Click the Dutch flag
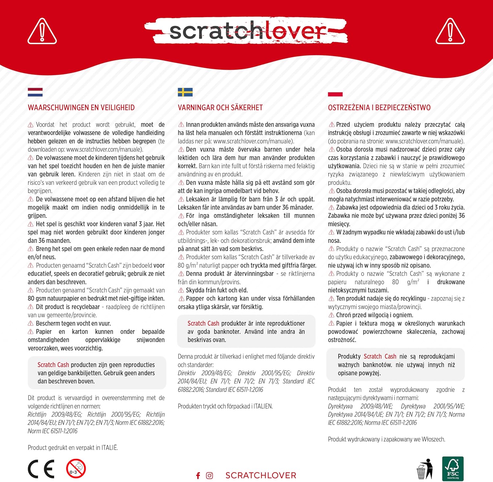(x=35, y=92)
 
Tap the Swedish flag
(x=185, y=92)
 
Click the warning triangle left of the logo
(x=42, y=32)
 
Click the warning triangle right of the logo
(x=450, y=32)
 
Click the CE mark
(x=41, y=469)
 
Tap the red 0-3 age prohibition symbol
(x=76, y=469)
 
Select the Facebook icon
(x=198, y=475)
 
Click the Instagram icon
(x=209, y=475)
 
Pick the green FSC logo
(x=453, y=469)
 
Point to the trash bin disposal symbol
(x=425, y=469)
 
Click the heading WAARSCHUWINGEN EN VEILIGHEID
(x=81, y=107)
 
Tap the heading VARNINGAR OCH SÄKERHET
(x=220, y=107)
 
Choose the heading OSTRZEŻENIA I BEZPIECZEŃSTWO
(x=379, y=107)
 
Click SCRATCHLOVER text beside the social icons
(x=261, y=475)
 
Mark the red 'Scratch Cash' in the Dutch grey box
(x=53, y=365)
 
